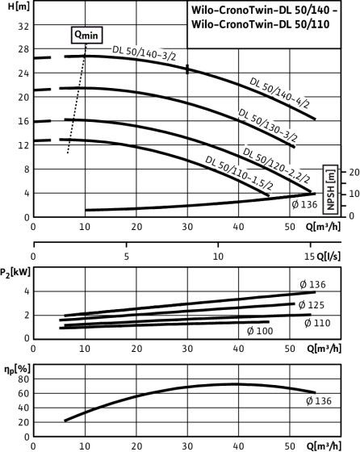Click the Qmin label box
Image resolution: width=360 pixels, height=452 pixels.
(86, 36)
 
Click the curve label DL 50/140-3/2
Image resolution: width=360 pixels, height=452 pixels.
(144, 53)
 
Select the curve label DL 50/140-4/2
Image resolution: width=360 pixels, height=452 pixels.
(279, 93)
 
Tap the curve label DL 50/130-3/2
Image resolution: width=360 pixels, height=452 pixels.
(267, 125)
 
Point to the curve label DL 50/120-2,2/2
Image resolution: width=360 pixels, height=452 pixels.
(276, 165)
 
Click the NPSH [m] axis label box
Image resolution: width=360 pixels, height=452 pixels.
(330, 190)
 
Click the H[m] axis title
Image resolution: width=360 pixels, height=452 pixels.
(19, 6)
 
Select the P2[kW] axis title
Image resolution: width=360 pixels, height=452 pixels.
(15, 272)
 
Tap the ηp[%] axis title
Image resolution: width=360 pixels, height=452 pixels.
(17, 369)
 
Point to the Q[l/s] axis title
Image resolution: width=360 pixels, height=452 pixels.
(329, 256)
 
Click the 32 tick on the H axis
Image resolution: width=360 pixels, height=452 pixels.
(23, 27)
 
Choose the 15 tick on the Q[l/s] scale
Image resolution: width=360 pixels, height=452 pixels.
(309, 256)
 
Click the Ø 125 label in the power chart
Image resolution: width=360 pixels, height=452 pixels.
(312, 305)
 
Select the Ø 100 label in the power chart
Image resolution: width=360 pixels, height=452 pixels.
(260, 331)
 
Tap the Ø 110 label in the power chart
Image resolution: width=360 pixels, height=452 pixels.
(317, 323)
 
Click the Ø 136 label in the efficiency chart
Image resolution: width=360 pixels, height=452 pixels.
(319, 400)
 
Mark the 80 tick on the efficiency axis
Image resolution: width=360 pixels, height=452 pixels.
(23, 379)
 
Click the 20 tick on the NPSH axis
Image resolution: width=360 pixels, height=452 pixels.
(354, 172)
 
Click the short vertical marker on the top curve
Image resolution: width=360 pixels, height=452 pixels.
(187, 69)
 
